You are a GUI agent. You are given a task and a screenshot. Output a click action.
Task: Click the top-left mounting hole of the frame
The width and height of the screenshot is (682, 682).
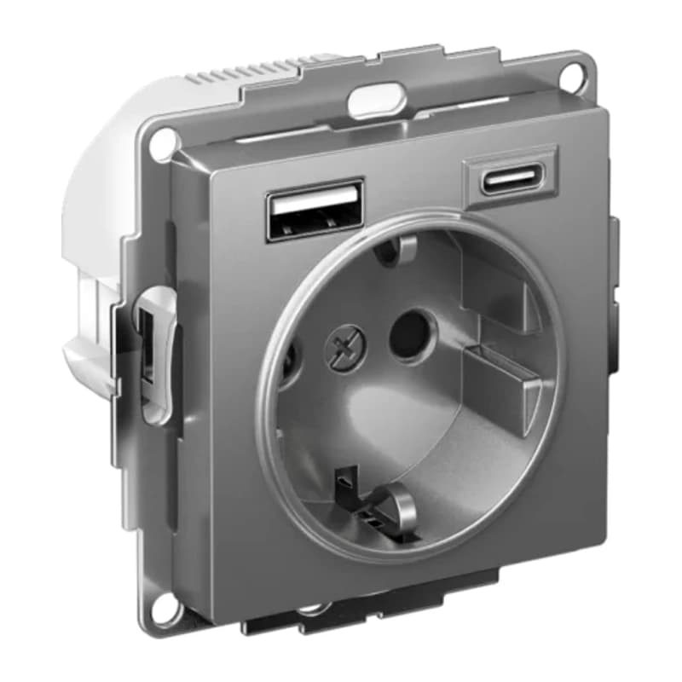point(160,146)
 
